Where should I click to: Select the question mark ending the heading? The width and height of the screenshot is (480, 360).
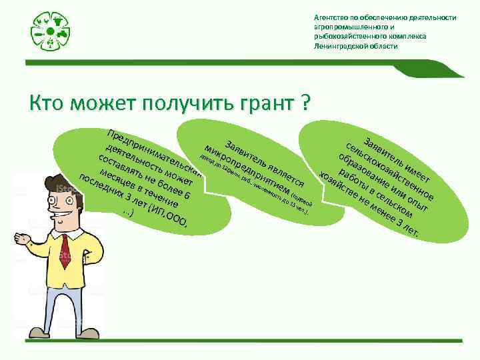click(305, 103)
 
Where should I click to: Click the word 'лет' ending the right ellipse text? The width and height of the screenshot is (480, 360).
click(409, 233)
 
